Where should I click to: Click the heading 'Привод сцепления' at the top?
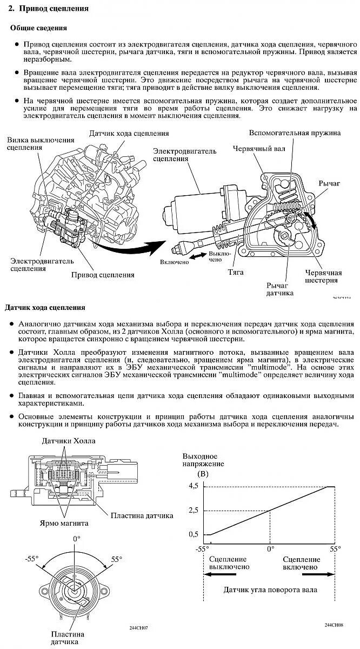click(x=54, y=9)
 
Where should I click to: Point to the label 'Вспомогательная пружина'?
click(x=295, y=133)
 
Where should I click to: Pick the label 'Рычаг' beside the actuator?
click(x=330, y=184)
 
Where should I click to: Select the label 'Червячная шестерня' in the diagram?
click(x=323, y=276)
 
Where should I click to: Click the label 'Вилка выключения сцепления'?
click(x=34, y=144)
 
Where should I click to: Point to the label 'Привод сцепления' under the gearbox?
click(x=103, y=275)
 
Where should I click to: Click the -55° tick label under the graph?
click(x=203, y=548)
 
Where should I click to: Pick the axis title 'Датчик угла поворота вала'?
click(x=271, y=590)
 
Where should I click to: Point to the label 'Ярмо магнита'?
click(x=64, y=524)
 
